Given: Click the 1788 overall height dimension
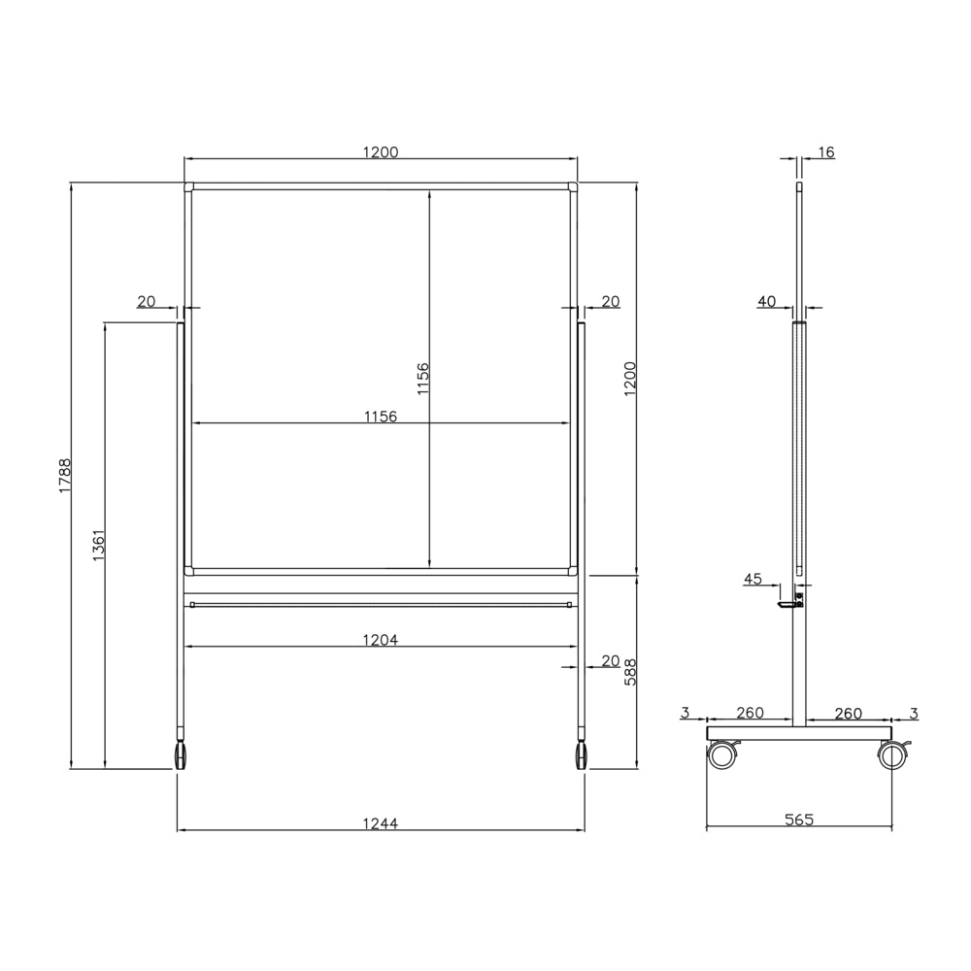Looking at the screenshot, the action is tap(66, 476).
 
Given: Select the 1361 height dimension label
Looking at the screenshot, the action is tap(99, 545).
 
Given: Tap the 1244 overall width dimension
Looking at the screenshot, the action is tap(381, 823).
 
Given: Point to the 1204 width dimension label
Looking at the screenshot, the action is tap(381, 640).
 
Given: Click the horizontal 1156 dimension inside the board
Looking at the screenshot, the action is tap(381, 417).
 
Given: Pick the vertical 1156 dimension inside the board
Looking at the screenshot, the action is tap(422, 379).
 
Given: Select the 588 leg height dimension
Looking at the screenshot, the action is tap(630, 671).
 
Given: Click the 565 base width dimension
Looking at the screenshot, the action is tap(799, 820).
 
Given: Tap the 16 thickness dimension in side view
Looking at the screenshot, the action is tap(826, 151).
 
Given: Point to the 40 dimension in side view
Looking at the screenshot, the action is tap(767, 302).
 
